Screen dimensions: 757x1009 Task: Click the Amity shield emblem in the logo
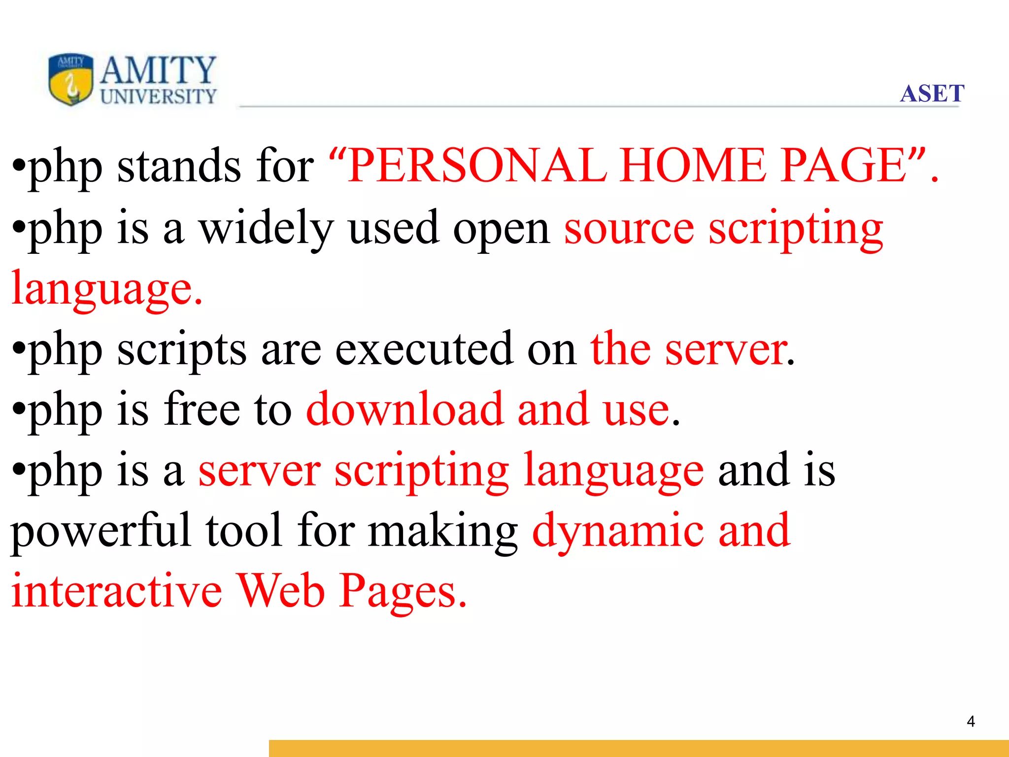click(x=71, y=79)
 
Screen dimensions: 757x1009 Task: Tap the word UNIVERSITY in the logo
click(x=158, y=97)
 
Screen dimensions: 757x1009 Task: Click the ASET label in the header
click(x=932, y=93)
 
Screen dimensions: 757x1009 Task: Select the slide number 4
click(x=971, y=722)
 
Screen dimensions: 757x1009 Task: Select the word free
click(x=202, y=409)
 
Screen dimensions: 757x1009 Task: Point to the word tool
click(x=244, y=530)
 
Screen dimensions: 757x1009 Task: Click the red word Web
click(x=281, y=591)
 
